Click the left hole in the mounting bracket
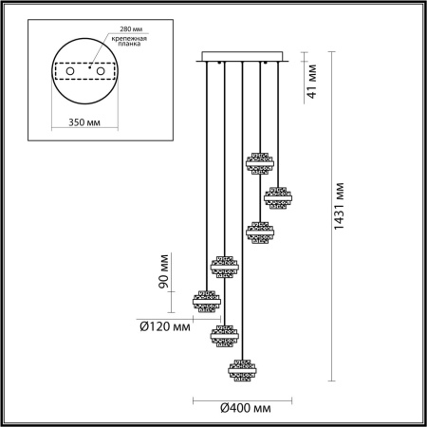coord(68,70)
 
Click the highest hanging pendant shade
coord(259,162)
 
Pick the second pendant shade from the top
coord(277,197)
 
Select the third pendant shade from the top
coord(260,231)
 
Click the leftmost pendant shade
coord(206,301)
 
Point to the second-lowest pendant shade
coord(225,334)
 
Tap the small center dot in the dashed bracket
coord(90,72)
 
